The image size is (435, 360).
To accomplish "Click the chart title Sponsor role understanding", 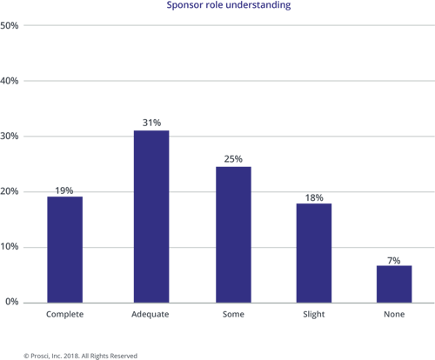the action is [229, 5].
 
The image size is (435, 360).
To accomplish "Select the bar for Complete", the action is [65, 250].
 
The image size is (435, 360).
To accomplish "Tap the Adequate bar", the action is [151, 217].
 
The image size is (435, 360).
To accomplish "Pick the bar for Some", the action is [233, 235].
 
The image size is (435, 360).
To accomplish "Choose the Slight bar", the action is [314, 253].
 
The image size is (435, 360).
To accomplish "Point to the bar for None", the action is [394, 284].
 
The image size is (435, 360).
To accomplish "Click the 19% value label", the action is [64, 190].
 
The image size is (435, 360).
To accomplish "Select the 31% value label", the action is [151, 123].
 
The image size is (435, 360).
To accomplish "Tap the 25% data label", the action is [233, 159].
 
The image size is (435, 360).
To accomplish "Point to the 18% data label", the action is [314, 198].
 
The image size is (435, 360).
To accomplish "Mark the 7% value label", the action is [394, 261].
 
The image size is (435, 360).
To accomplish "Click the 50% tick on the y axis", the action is [10, 25].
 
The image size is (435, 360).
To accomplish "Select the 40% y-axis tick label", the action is [10, 81].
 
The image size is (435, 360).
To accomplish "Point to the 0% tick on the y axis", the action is [12, 302].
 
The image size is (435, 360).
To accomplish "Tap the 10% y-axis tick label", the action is [10, 247].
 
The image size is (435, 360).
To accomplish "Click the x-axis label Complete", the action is [64, 315].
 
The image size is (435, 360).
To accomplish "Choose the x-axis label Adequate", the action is [151, 315].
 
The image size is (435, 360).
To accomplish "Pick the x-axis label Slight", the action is [314, 315].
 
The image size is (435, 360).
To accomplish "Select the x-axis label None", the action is [394, 314].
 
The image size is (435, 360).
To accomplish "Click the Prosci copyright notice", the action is [80, 356].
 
